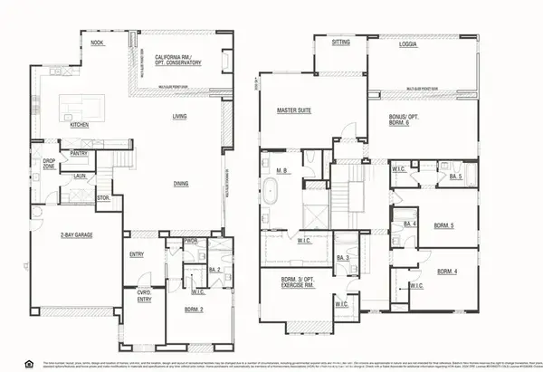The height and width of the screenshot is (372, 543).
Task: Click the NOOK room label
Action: click(97, 43)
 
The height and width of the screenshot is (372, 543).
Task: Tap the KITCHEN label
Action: click(79, 125)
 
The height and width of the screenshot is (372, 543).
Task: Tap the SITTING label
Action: click(341, 42)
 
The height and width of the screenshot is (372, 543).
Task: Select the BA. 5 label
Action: click(455, 177)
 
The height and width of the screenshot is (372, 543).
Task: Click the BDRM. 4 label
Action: click(448, 272)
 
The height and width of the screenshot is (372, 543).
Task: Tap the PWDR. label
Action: click(191, 242)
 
